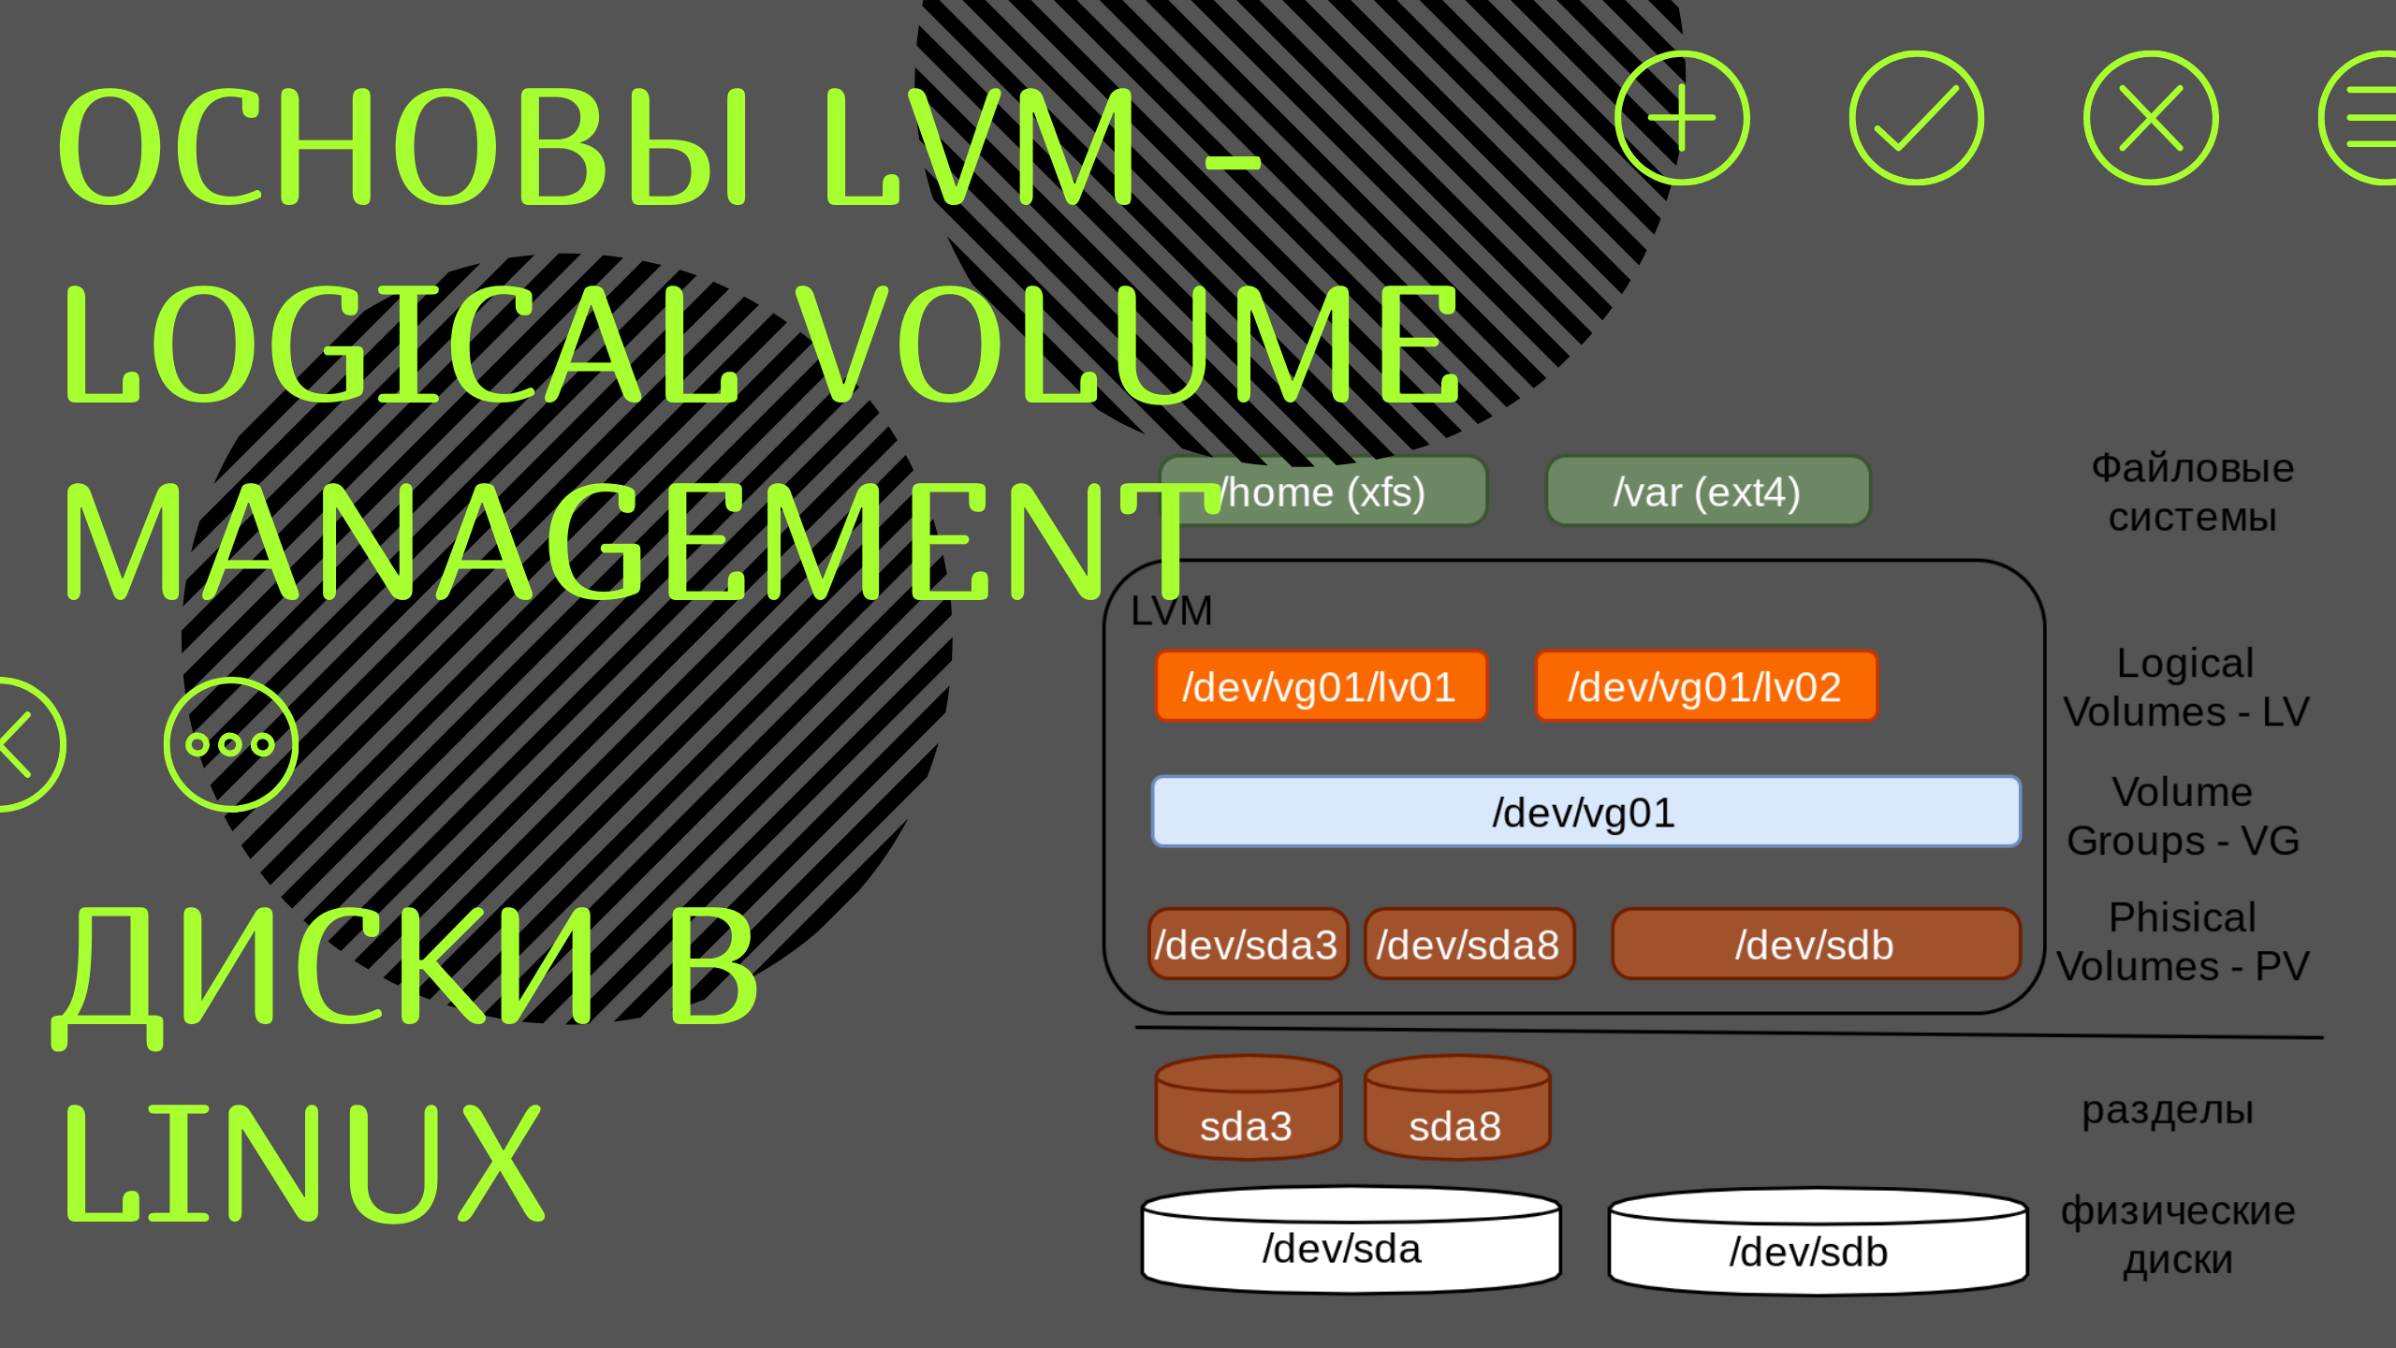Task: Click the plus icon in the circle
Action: (x=1681, y=118)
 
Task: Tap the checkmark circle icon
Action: (x=1916, y=118)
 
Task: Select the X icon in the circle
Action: (x=2151, y=118)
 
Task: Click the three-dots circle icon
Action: (x=230, y=744)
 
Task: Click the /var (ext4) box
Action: (x=1707, y=491)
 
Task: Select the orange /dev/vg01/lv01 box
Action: (x=1320, y=686)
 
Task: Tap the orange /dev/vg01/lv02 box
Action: (x=1705, y=686)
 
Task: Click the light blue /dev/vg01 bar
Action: (x=1585, y=812)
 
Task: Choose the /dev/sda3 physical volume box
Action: (x=1247, y=944)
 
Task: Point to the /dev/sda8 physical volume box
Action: (x=1468, y=944)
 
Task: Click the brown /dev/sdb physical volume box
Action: (x=1815, y=944)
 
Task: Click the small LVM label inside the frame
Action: (x=1171, y=611)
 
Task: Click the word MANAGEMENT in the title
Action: (x=627, y=543)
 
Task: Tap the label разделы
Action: (x=2167, y=1111)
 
